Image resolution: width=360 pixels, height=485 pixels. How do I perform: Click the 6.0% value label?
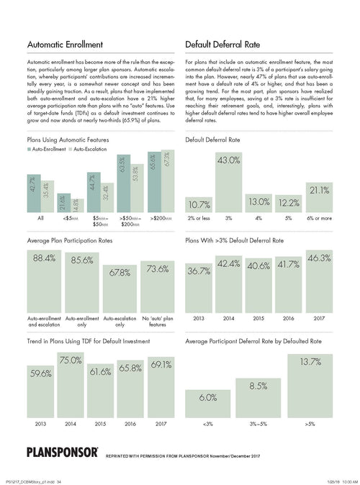pos(208,397)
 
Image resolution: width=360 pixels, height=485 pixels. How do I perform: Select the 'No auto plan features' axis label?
pos(157,319)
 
